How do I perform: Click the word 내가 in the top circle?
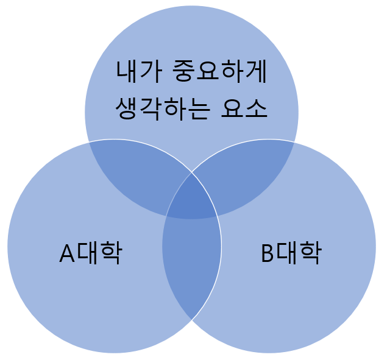pos(139,71)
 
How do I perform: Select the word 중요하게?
pos(219,71)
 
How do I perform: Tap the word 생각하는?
pos(163,108)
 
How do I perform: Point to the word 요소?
pos(244,108)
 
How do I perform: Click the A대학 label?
pos(91,253)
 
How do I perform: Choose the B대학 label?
pos(291,253)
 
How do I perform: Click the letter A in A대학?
pos(67,253)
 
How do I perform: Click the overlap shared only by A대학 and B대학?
pos(191,261)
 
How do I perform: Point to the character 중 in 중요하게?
pos(183,71)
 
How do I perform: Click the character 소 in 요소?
pos(256,108)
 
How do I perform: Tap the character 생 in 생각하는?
pos(127,109)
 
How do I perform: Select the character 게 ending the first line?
pos(255,71)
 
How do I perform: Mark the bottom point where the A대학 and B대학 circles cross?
pos(192,320)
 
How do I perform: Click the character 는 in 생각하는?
pos(199,109)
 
